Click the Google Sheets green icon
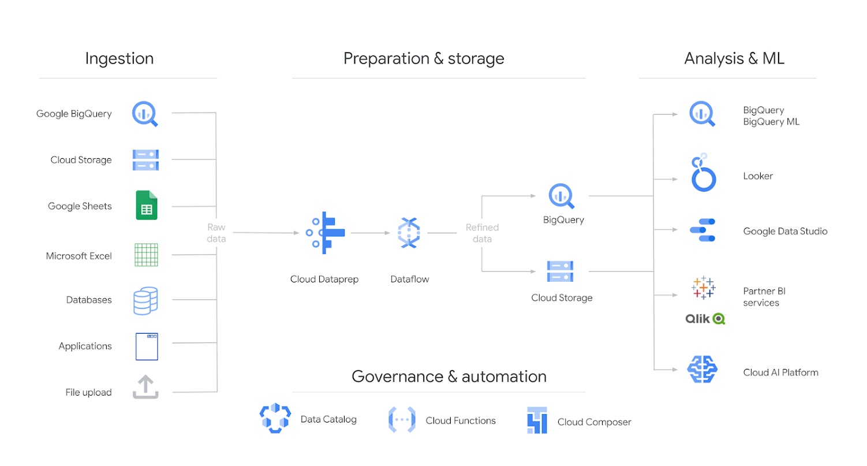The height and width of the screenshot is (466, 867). coord(146,205)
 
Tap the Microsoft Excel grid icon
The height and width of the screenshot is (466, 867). coord(146,255)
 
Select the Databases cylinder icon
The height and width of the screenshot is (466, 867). coord(145,300)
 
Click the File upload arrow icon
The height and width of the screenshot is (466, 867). coord(145,387)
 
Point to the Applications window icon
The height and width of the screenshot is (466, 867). coord(146,346)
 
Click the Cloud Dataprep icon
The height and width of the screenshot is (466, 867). coord(325,233)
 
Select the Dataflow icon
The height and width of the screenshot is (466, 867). coord(409,233)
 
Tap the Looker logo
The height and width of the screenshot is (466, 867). coord(704,173)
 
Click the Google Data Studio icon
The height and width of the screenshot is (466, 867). coord(702,230)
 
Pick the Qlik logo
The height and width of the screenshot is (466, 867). coord(705,318)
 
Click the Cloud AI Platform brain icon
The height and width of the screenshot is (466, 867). coord(702,370)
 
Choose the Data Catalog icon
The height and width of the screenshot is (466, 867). coord(275,419)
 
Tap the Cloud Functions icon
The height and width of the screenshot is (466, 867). coord(402,420)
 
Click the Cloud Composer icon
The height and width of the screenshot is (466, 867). coord(536,420)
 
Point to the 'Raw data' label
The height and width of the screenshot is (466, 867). coord(217,233)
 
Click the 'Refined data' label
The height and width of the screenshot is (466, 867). coord(482,233)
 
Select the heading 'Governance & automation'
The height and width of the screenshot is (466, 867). coord(449,376)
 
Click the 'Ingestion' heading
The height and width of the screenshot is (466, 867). coord(119,58)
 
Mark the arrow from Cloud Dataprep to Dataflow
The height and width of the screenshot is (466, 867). coord(371,233)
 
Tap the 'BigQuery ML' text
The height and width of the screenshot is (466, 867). coord(771,122)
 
